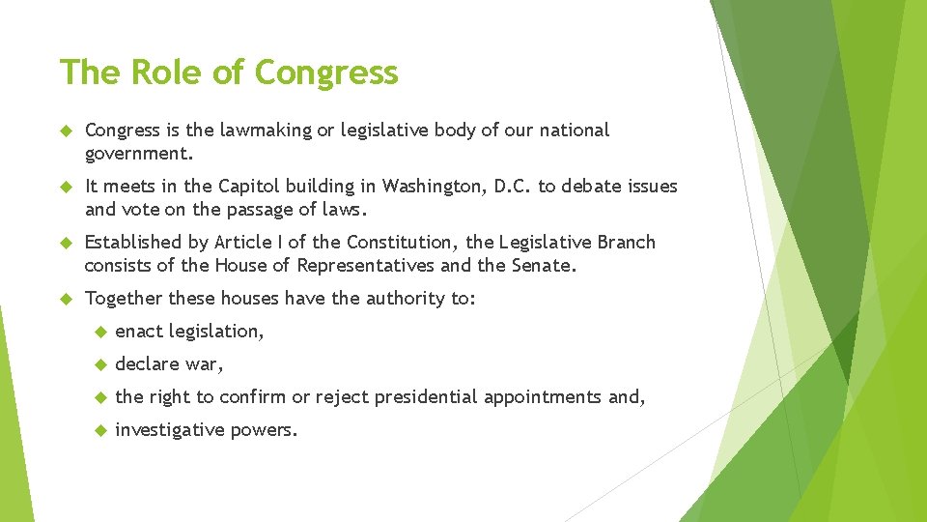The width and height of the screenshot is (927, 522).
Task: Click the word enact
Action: (139, 332)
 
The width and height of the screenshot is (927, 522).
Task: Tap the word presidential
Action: (427, 397)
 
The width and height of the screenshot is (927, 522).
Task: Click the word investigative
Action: (168, 430)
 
